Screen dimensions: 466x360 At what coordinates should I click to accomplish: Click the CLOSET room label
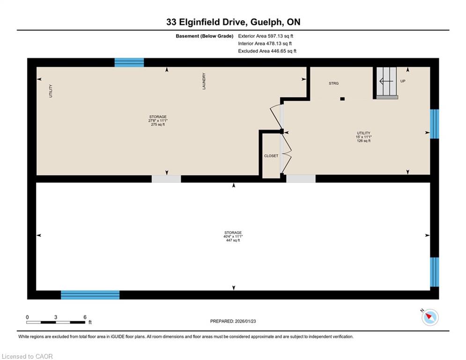[271, 156]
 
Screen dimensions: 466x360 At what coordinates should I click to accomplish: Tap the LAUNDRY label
[204, 81]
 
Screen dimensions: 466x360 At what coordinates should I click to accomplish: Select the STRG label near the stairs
[333, 83]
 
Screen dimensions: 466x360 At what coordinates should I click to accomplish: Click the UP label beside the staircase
[403, 81]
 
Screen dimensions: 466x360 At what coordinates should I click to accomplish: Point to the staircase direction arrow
[386, 81]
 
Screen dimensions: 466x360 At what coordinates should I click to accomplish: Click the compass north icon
[430, 317]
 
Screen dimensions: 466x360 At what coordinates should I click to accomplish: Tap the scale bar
[56, 322]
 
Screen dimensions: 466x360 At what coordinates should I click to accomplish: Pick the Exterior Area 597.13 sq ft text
[266, 36]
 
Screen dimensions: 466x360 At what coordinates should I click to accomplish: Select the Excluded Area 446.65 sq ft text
[267, 51]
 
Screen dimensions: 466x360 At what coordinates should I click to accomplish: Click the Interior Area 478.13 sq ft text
[265, 44]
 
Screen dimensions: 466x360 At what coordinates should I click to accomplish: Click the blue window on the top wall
[129, 62]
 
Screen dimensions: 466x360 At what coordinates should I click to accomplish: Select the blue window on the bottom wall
[90, 295]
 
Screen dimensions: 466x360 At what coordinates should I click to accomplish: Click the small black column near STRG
[342, 99]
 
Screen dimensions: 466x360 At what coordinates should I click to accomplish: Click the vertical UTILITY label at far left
[51, 91]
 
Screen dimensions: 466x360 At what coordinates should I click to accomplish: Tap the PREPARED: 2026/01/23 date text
[233, 321]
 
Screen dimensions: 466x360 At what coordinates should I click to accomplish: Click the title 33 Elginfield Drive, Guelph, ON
[233, 22]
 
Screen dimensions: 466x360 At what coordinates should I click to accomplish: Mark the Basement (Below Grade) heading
[205, 36]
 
